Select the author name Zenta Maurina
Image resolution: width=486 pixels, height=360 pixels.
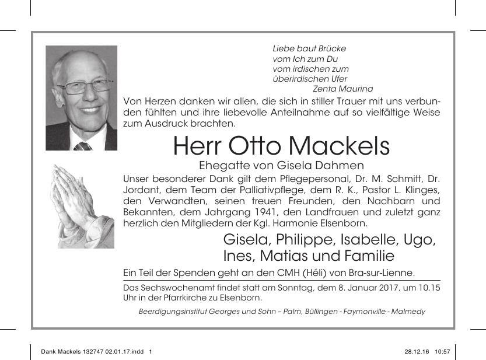click(343, 89)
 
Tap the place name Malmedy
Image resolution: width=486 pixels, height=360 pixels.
click(409, 312)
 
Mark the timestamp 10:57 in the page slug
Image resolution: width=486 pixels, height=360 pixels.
click(443, 352)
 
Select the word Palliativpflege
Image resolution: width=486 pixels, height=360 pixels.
click(257, 190)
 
